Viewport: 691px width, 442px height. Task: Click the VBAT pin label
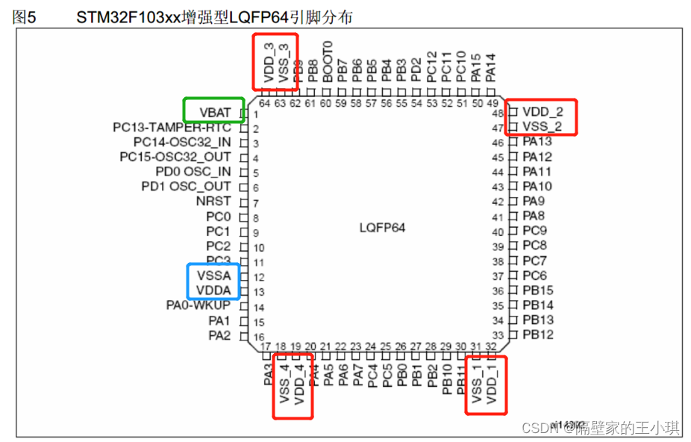click(x=216, y=113)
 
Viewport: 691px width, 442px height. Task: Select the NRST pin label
click(x=213, y=202)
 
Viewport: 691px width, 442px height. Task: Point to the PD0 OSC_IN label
click(x=193, y=172)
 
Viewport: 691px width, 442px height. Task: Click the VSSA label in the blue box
click(x=214, y=276)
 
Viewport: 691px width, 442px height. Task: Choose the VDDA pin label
click(x=214, y=290)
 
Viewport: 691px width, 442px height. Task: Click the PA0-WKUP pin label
click(x=198, y=305)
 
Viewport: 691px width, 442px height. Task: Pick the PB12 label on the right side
click(x=537, y=334)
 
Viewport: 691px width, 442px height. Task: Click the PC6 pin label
click(x=534, y=276)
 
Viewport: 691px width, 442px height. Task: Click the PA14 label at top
click(x=490, y=66)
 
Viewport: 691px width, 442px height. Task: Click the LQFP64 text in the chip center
click(x=382, y=228)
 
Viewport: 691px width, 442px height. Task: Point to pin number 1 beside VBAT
click(x=255, y=114)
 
